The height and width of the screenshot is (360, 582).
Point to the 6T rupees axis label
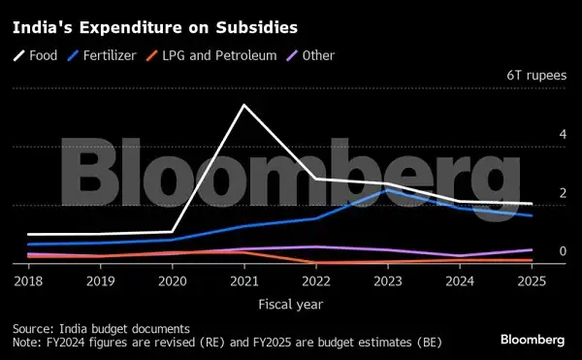click(x=534, y=75)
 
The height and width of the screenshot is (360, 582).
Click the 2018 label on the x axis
click(x=28, y=281)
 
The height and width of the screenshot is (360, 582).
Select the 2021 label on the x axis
click(x=243, y=281)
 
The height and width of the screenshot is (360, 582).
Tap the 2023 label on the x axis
click(x=387, y=281)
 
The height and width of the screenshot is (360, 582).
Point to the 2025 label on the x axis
click(x=530, y=281)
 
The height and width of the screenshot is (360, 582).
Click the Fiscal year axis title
click(x=291, y=304)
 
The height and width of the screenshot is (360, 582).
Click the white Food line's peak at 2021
click(x=243, y=105)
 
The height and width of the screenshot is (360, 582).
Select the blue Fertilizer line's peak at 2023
click(x=387, y=190)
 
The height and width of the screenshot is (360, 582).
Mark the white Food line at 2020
click(x=172, y=232)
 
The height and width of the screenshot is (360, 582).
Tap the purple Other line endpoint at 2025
click(x=530, y=249)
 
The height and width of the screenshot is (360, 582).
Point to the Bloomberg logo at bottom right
click(x=533, y=340)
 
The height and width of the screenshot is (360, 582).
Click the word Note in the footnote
click(x=26, y=343)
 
